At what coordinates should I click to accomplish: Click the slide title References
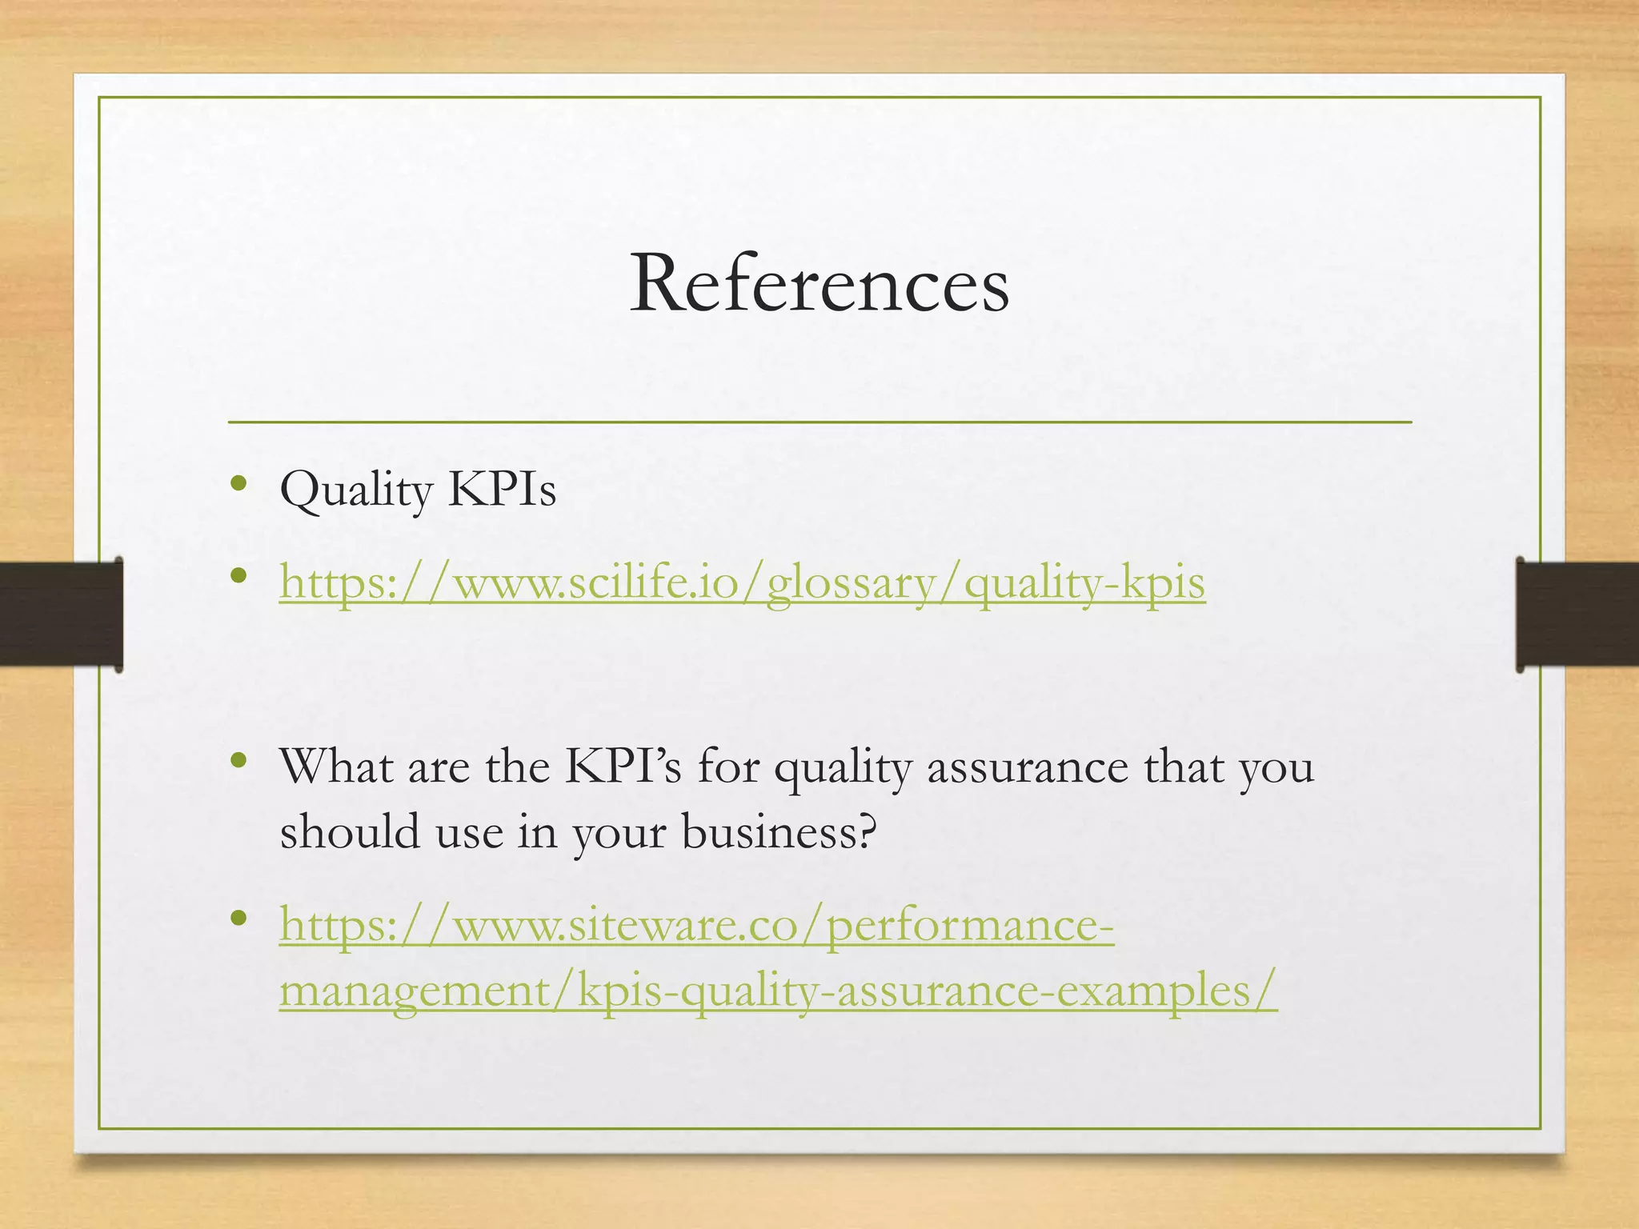tap(819, 284)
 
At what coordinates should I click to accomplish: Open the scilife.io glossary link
tap(742, 582)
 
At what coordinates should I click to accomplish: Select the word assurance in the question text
tap(1028, 767)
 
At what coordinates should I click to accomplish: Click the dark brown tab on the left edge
tap(61, 614)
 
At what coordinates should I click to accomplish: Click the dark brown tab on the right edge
tap(1577, 614)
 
